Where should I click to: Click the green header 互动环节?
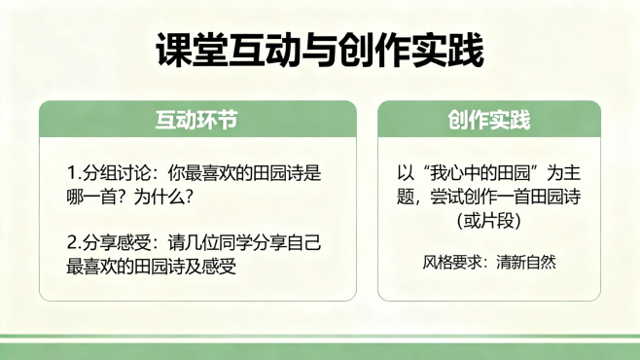(x=197, y=121)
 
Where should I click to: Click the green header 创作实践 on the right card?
(x=489, y=121)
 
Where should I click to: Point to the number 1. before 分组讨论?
(x=74, y=174)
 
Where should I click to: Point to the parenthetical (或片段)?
(x=489, y=220)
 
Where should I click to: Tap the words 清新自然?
(x=526, y=262)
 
